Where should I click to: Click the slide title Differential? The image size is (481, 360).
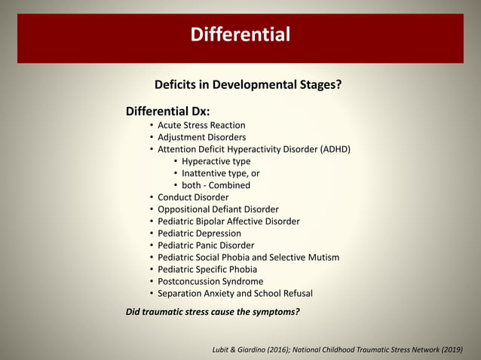click(240, 35)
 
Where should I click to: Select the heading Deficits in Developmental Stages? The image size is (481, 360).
click(247, 84)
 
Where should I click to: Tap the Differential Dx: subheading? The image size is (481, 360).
click(167, 111)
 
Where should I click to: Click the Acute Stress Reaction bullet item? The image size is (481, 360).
click(201, 125)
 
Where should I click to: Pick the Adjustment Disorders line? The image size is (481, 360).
click(201, 137)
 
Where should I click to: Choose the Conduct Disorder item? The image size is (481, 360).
click(193, 197)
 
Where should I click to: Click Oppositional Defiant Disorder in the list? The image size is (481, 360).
click(218, 209)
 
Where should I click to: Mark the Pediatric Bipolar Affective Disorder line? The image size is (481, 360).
click(228, 221)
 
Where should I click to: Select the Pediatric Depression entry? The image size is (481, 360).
click(199, 233)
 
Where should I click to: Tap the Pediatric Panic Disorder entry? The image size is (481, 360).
click(206, 246)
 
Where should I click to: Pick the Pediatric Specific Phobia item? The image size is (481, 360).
click(207, 270)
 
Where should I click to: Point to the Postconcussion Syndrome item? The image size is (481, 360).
click(210, 282)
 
